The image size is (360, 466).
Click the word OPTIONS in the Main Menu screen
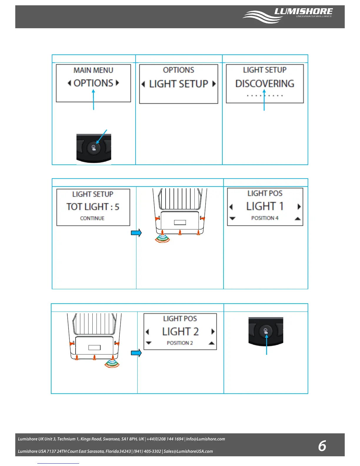tap(93, 83)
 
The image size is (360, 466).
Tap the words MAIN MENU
tap(93, 70)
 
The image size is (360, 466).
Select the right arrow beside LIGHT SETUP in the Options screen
tap(214, 84)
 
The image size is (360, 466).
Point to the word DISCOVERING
tap(265, 84)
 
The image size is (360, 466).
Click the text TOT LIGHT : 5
tap(93, 207)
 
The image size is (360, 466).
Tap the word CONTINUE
tap(92, 218)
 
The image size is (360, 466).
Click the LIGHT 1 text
tap(265, 206)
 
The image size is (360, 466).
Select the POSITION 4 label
tap(265, 218)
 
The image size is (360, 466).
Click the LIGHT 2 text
tap(180, 332)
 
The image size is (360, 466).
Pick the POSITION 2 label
tap(180, 343)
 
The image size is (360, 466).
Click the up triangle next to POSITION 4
tap(298, 219)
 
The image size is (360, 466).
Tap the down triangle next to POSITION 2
tap(149, 343)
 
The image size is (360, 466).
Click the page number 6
tap(322, 446)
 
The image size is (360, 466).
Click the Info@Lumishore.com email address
tap(205, 439)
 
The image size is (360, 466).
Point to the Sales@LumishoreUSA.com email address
tap(188, 451)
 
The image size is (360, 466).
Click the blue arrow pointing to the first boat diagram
tap(136, 233)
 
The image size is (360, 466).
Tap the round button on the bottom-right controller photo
tap(266, 332)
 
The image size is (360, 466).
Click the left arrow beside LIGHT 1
tap(231, 207)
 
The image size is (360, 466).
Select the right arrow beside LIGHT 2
tap(213, 332)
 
